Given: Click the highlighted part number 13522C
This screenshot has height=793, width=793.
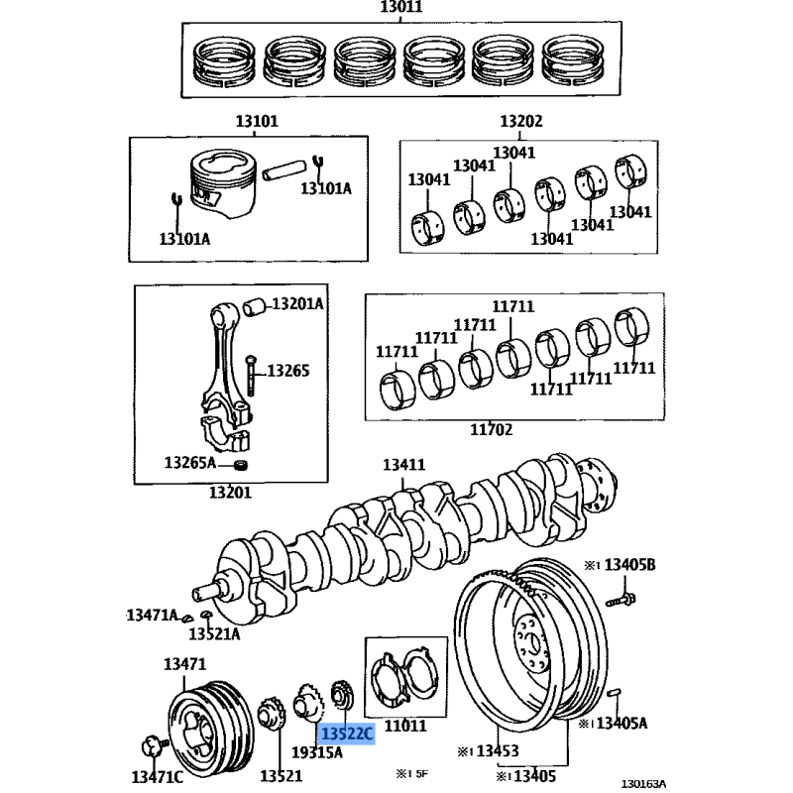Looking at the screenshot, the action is click(347, 733).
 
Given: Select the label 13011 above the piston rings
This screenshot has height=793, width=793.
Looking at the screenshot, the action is click(401, 7).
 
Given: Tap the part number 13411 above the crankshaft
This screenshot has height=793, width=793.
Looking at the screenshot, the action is click(403, 464).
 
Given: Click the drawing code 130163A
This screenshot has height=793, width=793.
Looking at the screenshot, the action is click(643, 783).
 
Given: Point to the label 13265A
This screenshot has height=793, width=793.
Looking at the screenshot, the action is click(189, 462).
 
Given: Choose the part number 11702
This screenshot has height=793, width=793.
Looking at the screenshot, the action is click(491, 429).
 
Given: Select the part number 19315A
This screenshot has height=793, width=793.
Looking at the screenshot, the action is click(317, 752).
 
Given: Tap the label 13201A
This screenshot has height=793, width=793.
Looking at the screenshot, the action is click(297, 303).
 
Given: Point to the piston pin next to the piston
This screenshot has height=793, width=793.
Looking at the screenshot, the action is click(284, 170).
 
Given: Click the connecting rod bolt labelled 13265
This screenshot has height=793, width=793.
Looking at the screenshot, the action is click(251, 376).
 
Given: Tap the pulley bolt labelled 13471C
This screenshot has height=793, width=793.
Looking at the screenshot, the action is click(154, 746).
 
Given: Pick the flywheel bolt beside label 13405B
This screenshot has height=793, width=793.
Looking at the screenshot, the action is click(621, 600).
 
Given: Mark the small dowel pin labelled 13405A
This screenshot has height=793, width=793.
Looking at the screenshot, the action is click(614, 693).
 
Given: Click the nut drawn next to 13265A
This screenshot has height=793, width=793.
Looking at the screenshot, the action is click(242, 464).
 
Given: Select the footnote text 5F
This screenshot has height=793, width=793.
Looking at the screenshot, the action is click(422, 773).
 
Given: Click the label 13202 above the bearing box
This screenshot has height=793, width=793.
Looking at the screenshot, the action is click(521, 121).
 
